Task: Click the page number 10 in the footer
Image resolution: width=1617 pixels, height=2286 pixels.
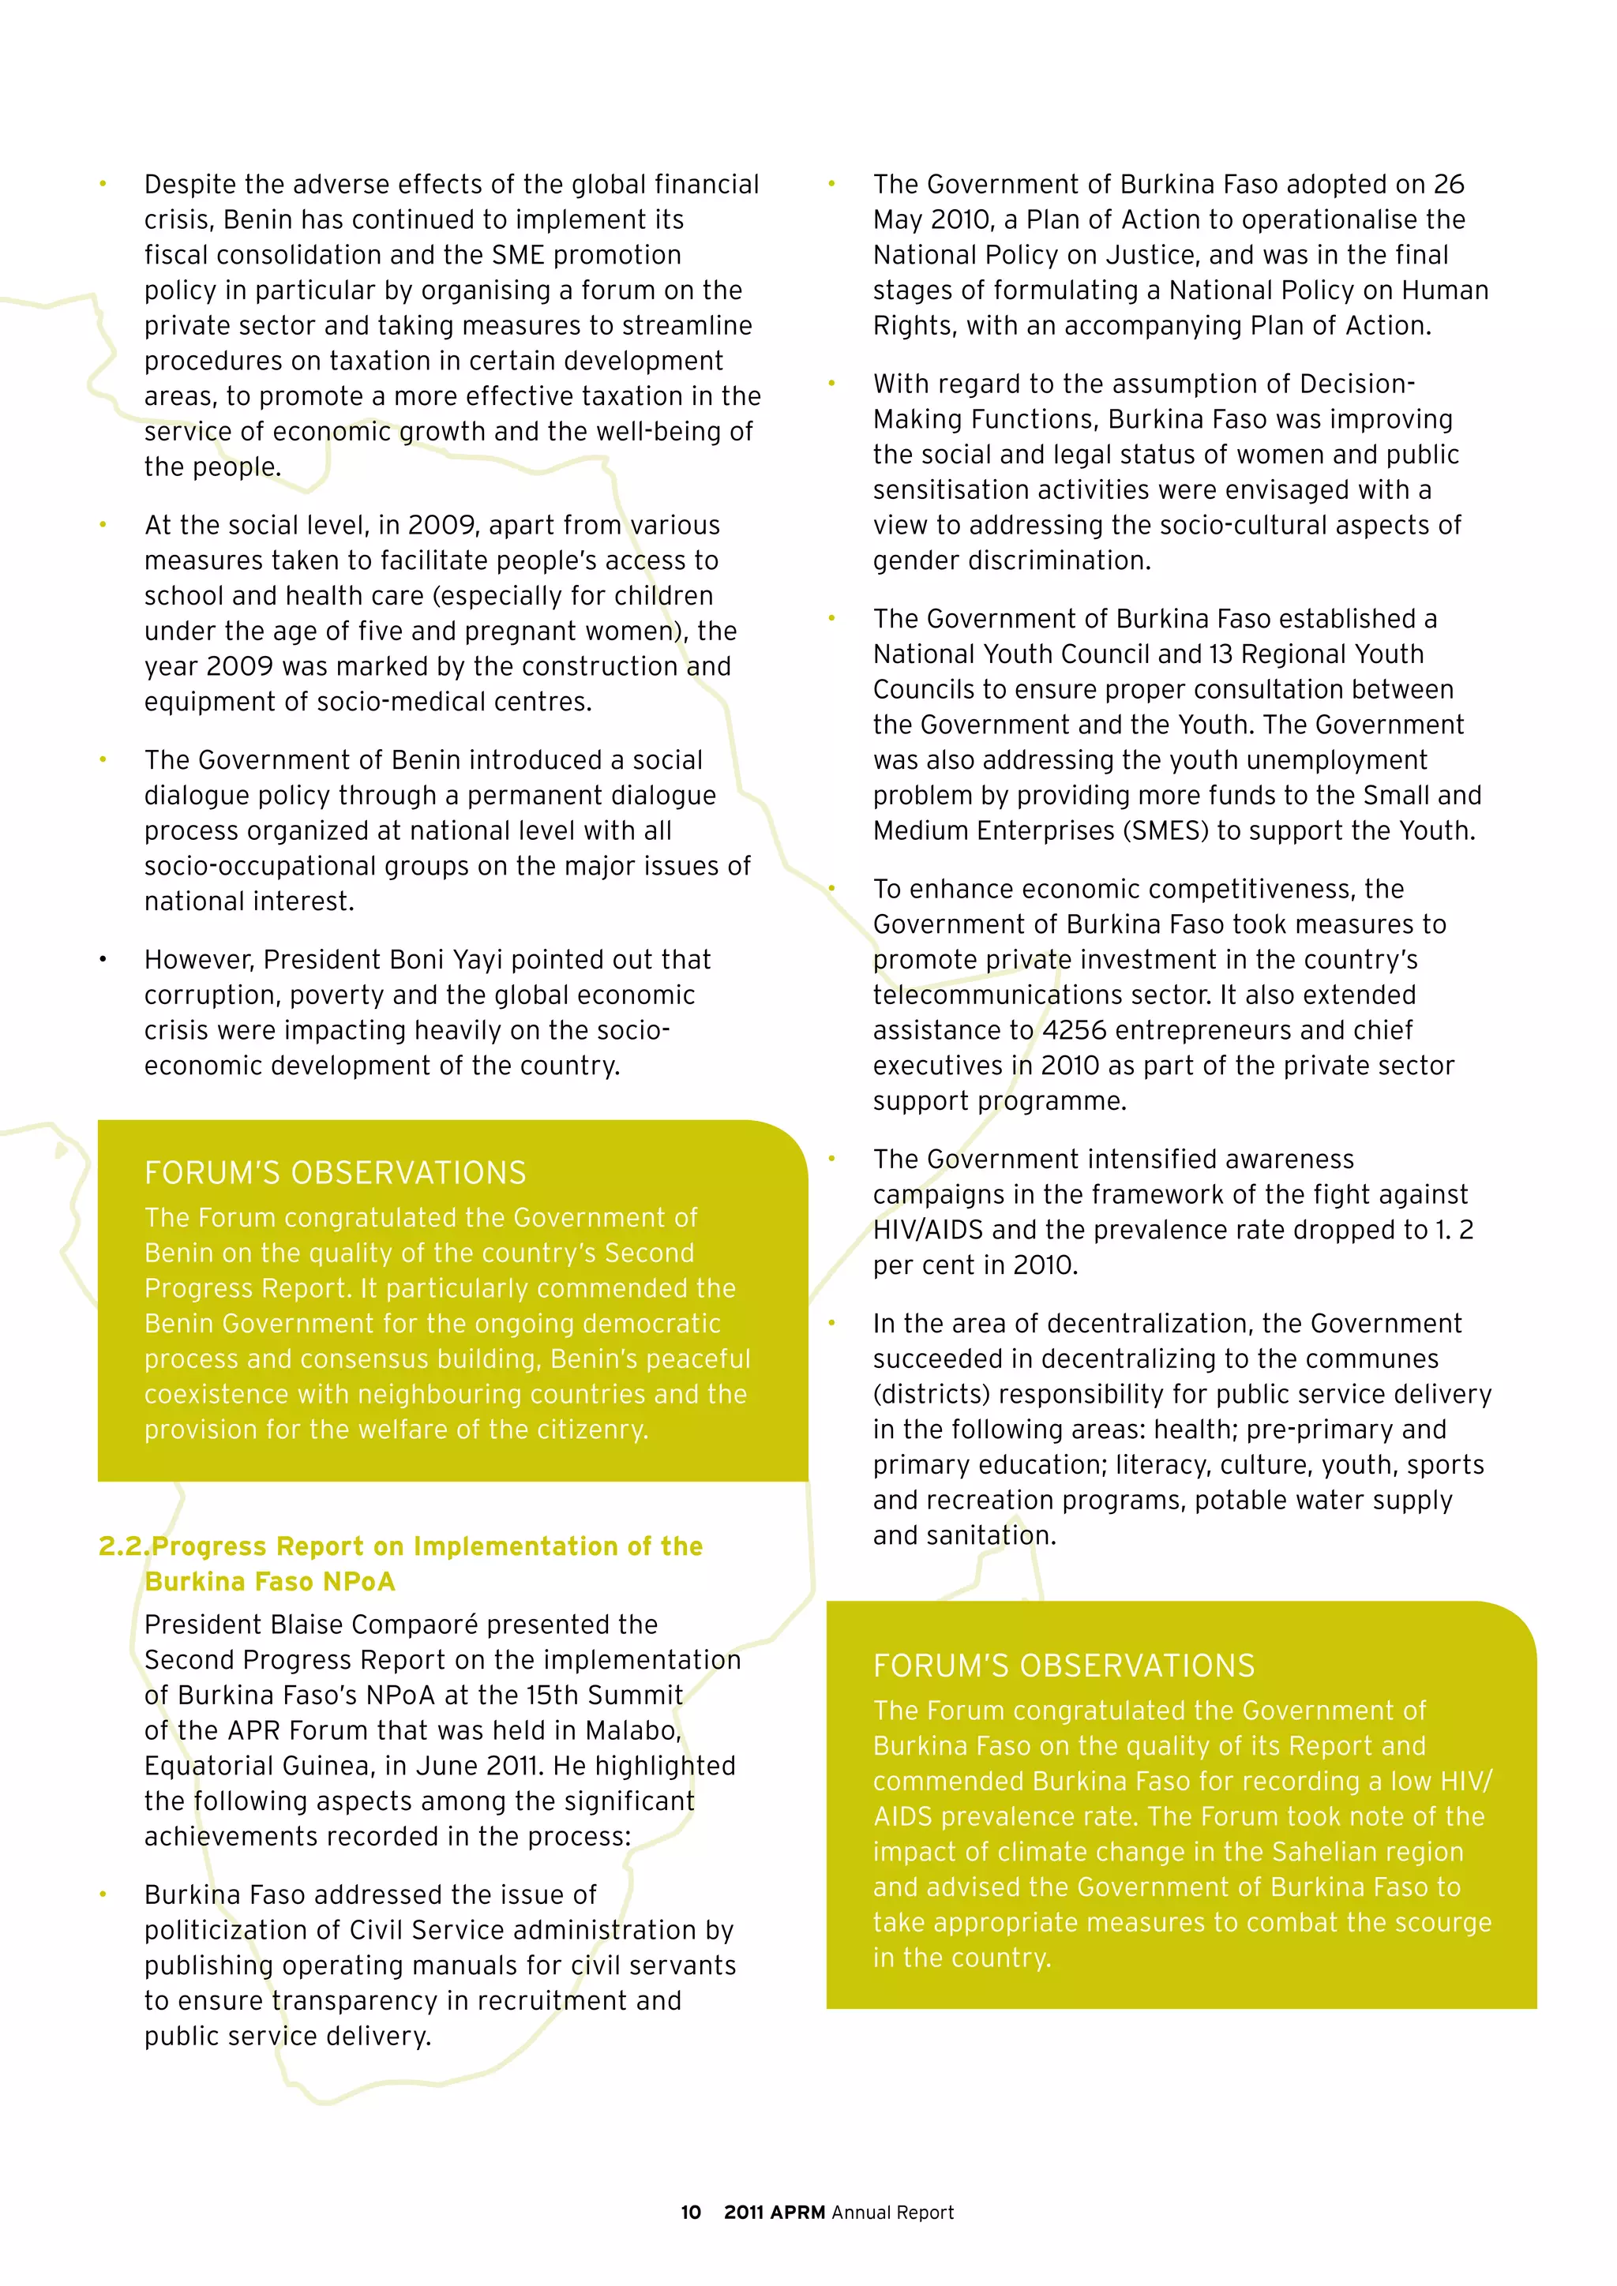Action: (690, 2213)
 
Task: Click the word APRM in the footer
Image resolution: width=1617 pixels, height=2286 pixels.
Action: (797, 2213)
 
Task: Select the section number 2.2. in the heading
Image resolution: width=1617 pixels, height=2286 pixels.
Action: (123, 1546)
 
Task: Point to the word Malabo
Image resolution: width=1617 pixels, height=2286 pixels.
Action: (632, 1729)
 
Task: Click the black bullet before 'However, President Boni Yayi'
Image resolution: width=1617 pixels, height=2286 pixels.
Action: (103, 960)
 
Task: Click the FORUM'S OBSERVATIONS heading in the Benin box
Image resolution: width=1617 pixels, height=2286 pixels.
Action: (335, 1173)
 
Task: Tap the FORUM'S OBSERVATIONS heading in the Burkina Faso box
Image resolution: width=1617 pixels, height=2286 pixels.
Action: (1064, 1666)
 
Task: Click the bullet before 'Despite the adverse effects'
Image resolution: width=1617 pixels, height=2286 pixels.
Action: (103, 184)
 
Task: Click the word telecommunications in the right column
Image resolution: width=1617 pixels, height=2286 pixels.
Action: (1023, 995)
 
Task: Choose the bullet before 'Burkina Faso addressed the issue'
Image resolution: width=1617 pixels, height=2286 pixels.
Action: (103, 1894)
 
